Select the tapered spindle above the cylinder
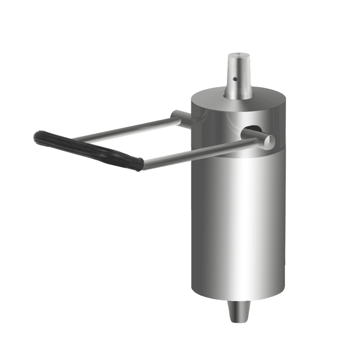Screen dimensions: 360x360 pyautogui.click(x=238, y=76)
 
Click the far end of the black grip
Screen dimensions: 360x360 pyautogui.click(x=38, y=135)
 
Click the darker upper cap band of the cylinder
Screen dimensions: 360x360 pyautogui.click(x=216, y=130)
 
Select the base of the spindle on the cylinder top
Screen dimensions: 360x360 pyautogui.click(x=238, y=97)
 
